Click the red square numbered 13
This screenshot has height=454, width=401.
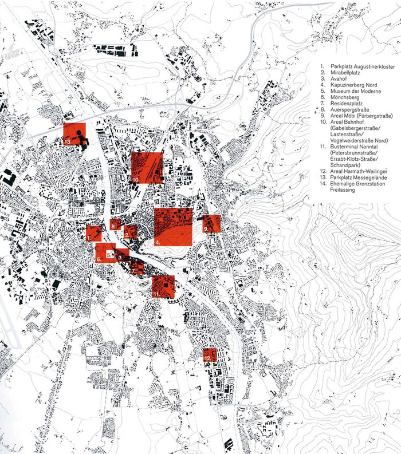[74, 134]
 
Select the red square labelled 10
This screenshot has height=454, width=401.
[147, 167]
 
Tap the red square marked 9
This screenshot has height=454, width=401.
[211, 223]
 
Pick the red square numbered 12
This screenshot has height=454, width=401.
[210, 354]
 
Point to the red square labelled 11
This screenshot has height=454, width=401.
[163, 286]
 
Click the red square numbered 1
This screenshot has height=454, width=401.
[94, 233]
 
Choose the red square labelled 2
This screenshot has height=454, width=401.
[130, 232]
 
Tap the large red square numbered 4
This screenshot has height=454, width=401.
[173, 227]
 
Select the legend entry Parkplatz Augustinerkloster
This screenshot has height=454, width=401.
[359, 68]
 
